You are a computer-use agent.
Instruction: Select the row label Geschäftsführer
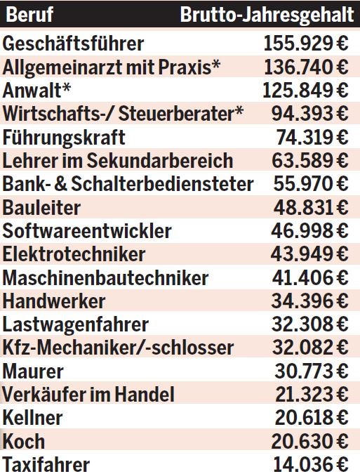tap(73, 44)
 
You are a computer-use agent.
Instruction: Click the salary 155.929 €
tap(306, 44)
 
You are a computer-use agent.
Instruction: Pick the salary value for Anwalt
tap(305, 91)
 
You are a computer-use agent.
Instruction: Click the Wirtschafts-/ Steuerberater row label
tap(124, 114)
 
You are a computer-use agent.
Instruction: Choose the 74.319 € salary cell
tap(309, 137)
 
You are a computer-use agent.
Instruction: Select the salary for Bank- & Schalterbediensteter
tap(309, 184)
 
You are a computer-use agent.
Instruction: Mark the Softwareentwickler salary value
tap(309, 230)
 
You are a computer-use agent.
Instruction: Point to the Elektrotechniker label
tap(74, 254)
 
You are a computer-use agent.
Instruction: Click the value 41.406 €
tap(309, 277)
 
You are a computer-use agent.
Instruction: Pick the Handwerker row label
tap(54, 301)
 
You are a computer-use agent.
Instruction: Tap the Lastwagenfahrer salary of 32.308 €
tap(309, 324)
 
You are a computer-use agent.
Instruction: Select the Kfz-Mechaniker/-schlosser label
tap(118, 348)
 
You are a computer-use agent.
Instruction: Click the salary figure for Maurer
tap(309, 371)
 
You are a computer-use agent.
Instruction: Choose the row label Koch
tap(24, 441)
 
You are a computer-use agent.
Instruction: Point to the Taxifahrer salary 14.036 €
tap(309, 464)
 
